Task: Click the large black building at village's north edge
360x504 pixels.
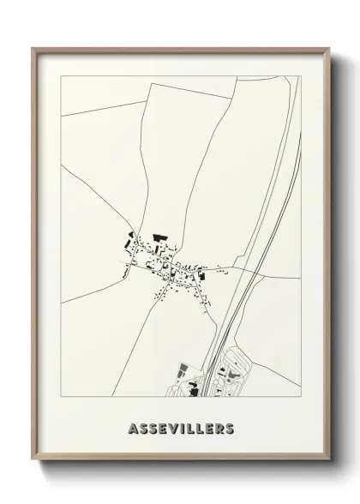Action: (158, 236)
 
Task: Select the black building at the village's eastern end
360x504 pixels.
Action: (203, 275)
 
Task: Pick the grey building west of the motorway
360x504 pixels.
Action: (181, 371)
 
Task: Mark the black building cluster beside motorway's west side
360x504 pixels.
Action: (190, 388)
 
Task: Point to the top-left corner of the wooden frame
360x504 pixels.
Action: (33, 48)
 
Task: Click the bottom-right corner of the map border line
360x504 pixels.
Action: (300, 397)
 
